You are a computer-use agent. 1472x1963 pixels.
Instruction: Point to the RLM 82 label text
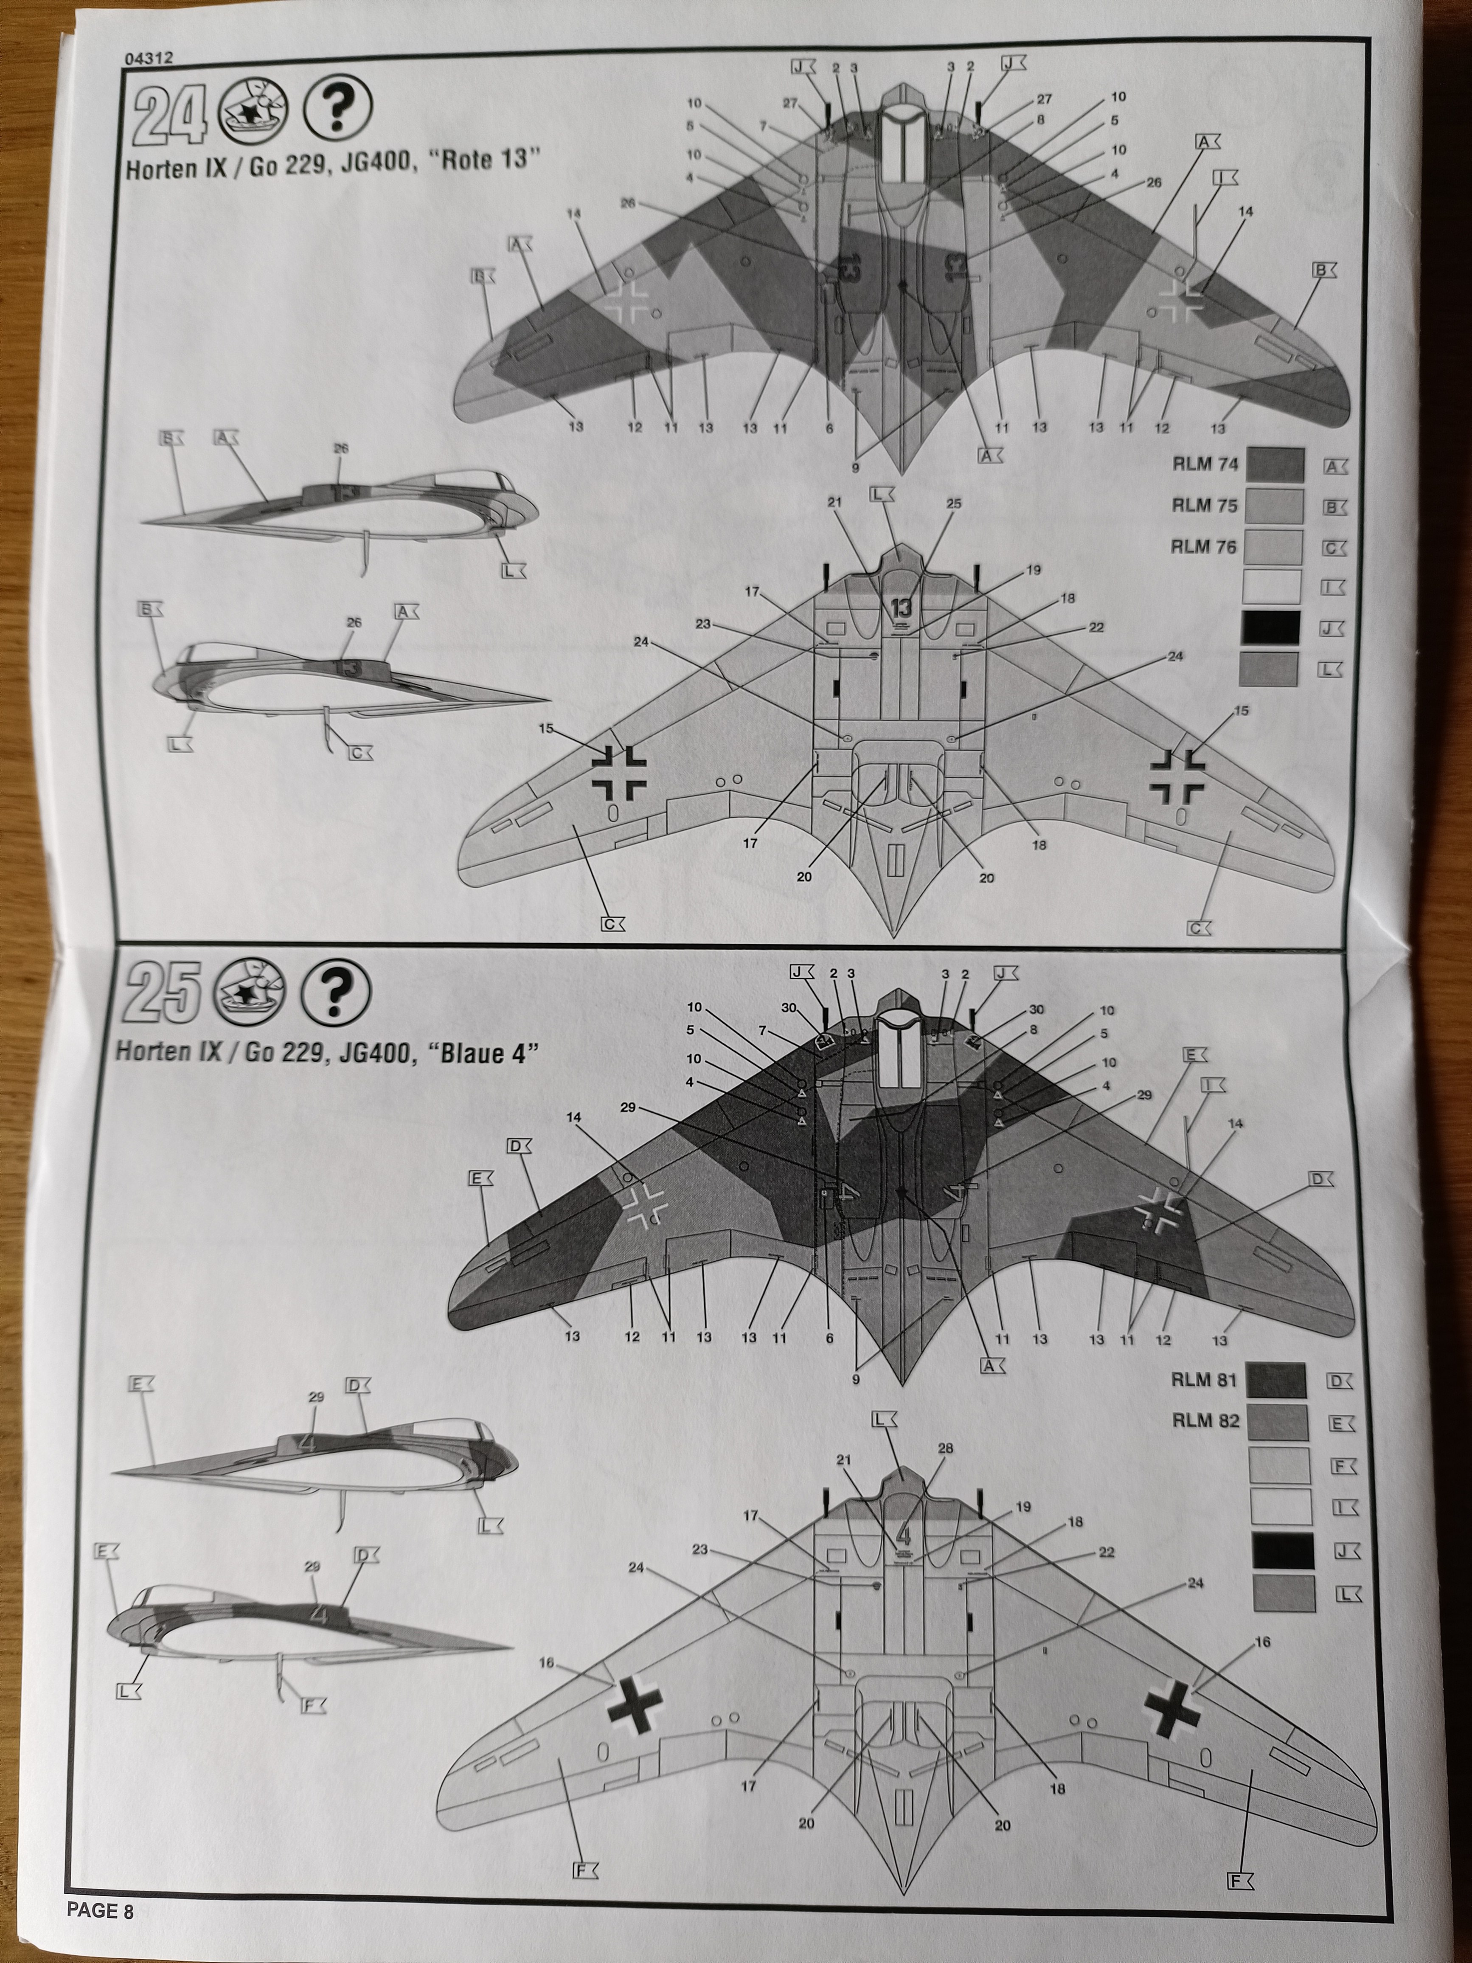pos(1205,1421)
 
